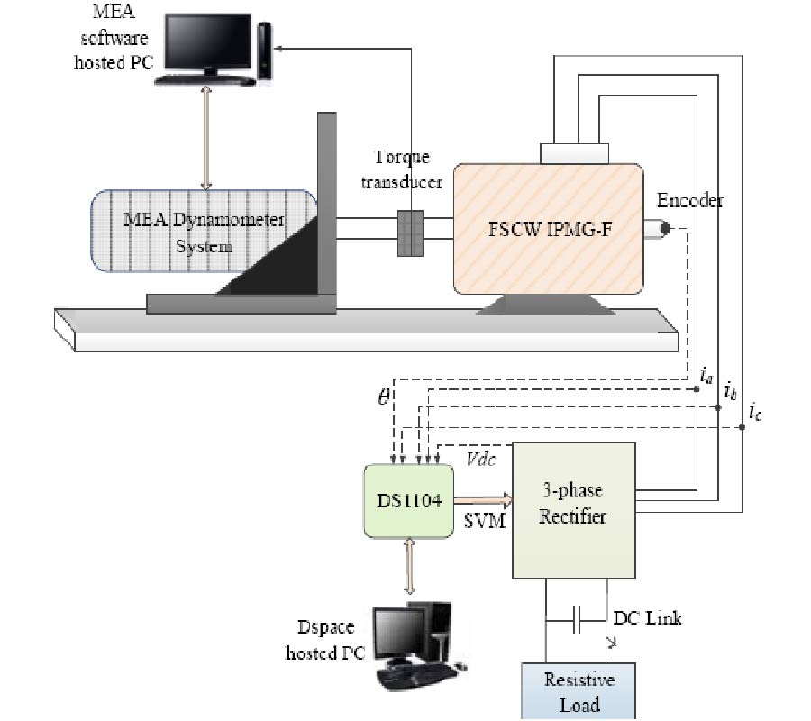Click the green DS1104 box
pos(408,501)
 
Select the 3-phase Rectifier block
pos(574,509)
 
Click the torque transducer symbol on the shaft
pos(410,233)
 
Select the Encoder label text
pos(689,200)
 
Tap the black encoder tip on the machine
pos(665,229)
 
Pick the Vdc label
pos(479,458)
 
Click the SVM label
pos(483,522)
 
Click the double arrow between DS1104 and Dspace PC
pos(410,567)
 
